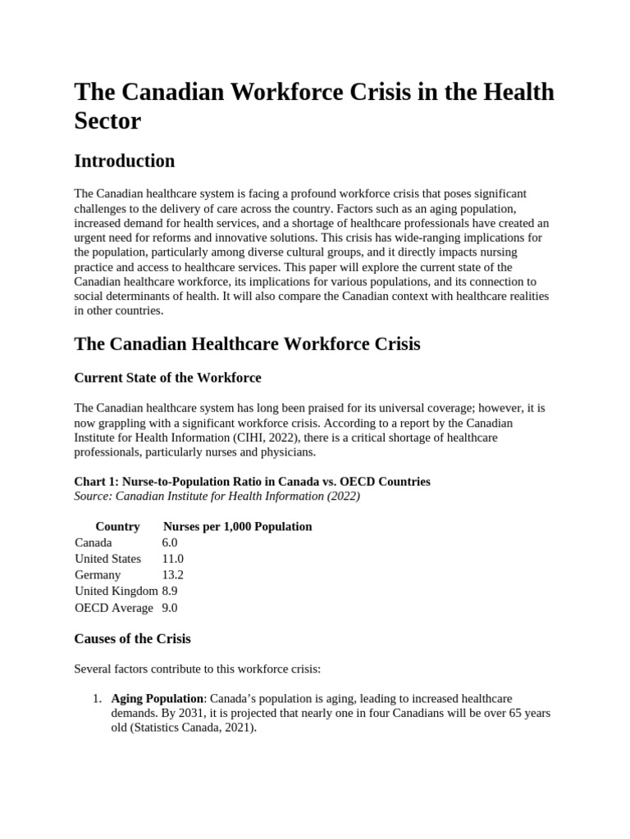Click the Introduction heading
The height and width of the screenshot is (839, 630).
[x=124, y=161]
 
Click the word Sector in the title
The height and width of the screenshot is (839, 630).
[x=107, y=121]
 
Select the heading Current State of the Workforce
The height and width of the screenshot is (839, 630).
[x=167, y=378]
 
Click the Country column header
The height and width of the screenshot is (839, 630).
[x=117, y=526]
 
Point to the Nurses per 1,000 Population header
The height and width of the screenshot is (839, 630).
[x=238, y=526]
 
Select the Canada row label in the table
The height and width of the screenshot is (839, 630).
[x=94, y=542]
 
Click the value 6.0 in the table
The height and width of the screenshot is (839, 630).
[x=170, y=542]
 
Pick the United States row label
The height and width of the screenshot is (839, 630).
[x=107, y=559]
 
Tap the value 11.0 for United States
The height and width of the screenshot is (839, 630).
[x=172, y=559]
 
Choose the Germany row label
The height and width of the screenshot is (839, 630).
[x=98, y=575]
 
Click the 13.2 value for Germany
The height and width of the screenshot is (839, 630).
[x=172, y=575]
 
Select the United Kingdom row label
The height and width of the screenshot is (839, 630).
[x=116, y=592]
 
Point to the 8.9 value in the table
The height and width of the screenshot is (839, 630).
[x=170, y=592]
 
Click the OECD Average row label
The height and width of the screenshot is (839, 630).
[x=113, y=608]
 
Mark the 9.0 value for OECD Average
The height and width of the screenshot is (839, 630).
[x=170, y=608]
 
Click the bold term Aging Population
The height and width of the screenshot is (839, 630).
[x=158, y=698]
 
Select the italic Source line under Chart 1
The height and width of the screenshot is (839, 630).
[x=217, y=496]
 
